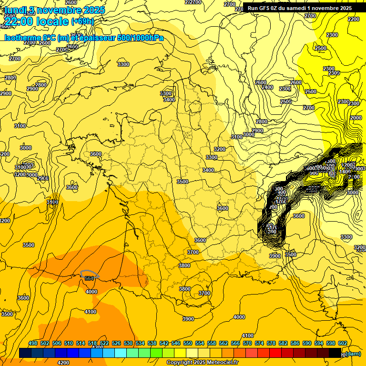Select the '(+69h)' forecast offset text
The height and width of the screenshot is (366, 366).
pyautogui.click(x=82, y=21)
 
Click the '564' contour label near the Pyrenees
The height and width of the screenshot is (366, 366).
pyautogui.click(x=89, y=278)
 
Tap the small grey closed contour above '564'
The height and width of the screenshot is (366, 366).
pyautogui.click(x=90, y=274)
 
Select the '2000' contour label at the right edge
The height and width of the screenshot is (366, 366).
pyautogui.click(x=356, y=118)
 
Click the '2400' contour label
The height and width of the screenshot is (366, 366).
pyautogui.click(x=267, y=87)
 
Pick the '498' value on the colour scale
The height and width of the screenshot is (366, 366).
pyautogui.click(x=33, y=343)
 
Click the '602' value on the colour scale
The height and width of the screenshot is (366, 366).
pyautogui.click(x=342, y=343)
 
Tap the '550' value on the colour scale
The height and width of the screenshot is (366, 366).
pyautogui.click(x=188, y=343)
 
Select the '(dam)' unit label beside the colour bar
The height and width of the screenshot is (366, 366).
pyautogui.click(x=353, y=353)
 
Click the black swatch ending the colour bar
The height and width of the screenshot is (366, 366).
pyautogui.click(x=335, y=353)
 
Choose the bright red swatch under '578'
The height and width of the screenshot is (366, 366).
pyautogui.click(x=275, y=353)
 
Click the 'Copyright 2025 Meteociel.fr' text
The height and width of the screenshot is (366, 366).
pyautogui.click(x=202, y=362)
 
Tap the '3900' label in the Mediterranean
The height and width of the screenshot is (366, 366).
pyautogui.click(x=188, y=319)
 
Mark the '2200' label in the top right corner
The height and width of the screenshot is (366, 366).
pyautogui.click(x=354, y=19)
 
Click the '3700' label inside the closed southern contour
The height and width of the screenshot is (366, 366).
pyautogui.click(x=204, y=293)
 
